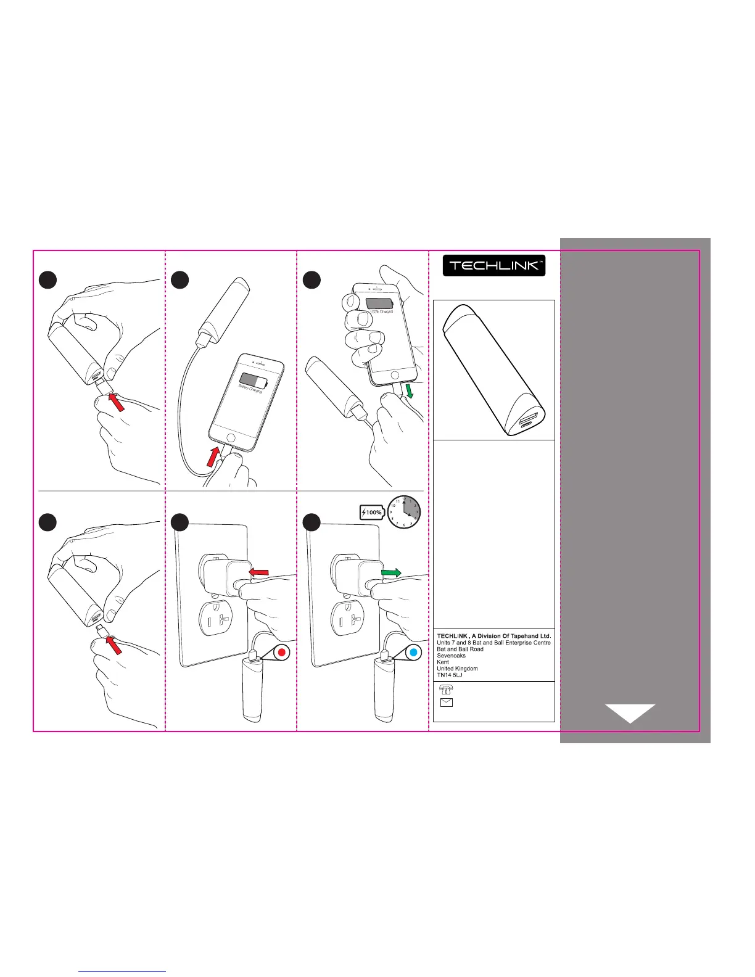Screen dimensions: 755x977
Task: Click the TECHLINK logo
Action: [x=494, y=265]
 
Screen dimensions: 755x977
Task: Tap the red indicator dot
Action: [x=281, y=653]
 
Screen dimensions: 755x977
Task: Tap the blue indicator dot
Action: [x=414, y=653]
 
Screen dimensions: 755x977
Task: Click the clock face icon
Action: [x=405, y=512]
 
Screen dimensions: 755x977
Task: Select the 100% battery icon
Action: [x=372, y=513]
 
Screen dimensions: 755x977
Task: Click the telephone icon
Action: [x=445, y=690]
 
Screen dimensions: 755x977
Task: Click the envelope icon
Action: [x=446, y=703]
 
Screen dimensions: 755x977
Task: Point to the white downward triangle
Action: [x=630, y=712]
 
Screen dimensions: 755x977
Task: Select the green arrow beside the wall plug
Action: [x=391, y=573]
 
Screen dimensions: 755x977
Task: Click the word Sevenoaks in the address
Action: [x=451, y=656]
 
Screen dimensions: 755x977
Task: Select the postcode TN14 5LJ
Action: [x=449, y=675]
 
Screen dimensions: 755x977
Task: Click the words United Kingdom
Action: [x=457, y=669]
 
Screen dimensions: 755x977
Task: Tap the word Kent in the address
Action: [x=443, y=662]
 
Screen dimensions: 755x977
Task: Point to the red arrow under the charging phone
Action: [x=213, y=457]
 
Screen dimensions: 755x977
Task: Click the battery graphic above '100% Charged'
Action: [x=379, y=303]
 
